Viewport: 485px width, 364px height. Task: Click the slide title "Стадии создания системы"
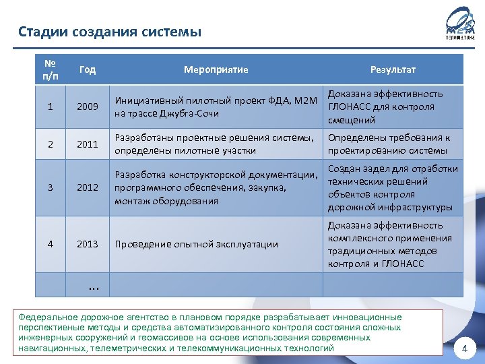pos(110,32)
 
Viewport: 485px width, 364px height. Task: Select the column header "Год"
pos(88,69)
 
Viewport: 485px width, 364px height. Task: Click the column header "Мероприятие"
pos(216,69)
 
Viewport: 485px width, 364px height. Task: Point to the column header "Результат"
pos(393,69)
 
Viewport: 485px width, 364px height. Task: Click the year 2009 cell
pos(88,107)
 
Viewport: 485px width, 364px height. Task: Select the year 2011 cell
pos(88,144)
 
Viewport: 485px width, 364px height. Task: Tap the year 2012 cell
pos(88,187)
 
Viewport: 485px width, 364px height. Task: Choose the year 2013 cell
pos(88,244)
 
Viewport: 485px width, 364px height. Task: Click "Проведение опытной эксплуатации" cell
pos(196,244)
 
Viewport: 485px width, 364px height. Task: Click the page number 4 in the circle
pos(464,348)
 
